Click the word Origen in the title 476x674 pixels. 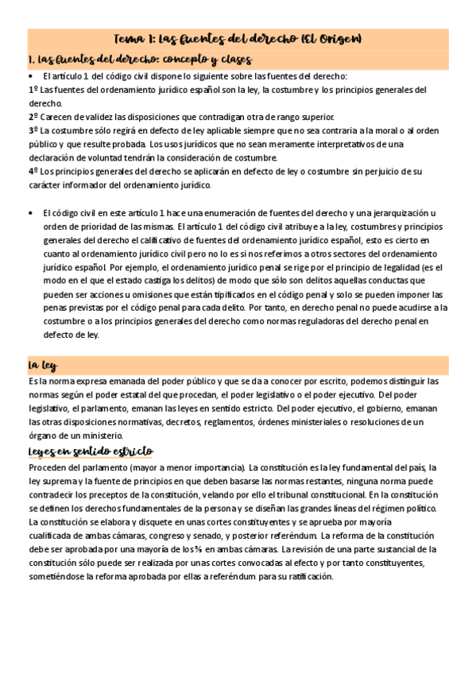coord(342,38)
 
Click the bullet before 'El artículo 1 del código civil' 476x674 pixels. coord(30,76)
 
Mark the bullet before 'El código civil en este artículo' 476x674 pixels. coord(30,213)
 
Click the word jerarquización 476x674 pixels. coord(402,213)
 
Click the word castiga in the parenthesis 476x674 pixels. coord(166,281)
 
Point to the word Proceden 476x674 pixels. coord(49,467)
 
